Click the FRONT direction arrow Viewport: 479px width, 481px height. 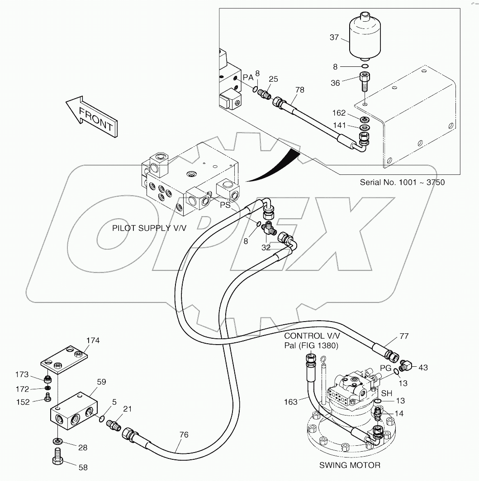[92, 116]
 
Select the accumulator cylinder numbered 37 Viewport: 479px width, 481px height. [365, 39]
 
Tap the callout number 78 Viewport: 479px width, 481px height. [299, 90]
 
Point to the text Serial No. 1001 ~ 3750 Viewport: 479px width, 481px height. [402, 182]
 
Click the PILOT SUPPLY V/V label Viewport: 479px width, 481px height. [149, 228]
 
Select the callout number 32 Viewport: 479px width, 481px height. [266, 247]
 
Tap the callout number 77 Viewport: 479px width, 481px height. [404, 336]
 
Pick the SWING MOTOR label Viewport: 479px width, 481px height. [350, 465]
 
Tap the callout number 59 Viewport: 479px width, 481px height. [101, 382]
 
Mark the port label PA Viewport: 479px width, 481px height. [248, 78]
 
